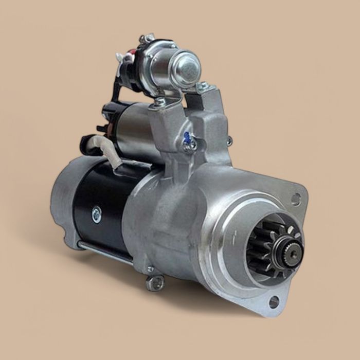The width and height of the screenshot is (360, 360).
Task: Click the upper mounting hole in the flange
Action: [296, 198]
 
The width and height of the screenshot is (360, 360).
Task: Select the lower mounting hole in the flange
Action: [273, 301]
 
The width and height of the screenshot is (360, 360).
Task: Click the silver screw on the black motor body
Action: [96, 213]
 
